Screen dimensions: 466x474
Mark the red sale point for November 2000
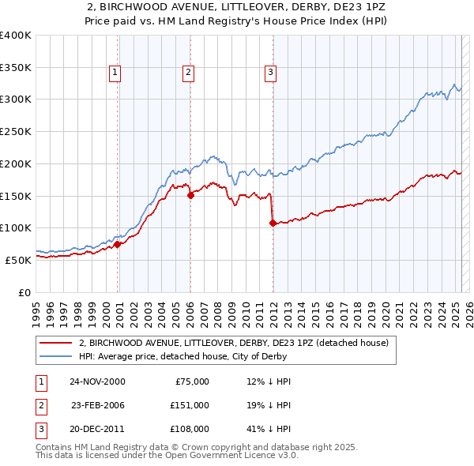tap(118, 244)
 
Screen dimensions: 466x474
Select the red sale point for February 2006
tap(190, 196)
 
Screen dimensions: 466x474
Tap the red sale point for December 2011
tap(273, 224)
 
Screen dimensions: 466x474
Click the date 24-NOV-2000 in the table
tap(97, 381)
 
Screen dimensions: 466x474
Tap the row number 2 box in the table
tap(39, 404)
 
